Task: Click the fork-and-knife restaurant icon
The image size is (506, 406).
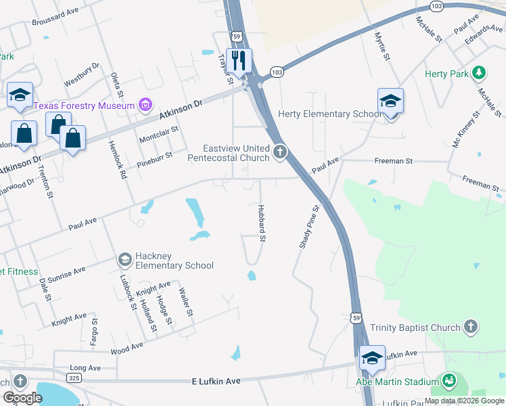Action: coord(238,60)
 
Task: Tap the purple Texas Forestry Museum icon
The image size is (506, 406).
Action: coord(145,105)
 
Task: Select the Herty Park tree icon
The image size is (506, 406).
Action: coord(479,72)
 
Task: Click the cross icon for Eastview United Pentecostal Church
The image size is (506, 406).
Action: coord(280,153)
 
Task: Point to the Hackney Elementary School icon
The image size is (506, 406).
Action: coord(124,259)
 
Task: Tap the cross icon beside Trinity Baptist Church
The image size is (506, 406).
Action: coord(471,328)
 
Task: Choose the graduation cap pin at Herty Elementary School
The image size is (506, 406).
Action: coord(390,101)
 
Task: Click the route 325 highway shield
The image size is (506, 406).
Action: coord(76,377)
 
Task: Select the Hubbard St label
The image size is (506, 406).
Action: coord(261,221)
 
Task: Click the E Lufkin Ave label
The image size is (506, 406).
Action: coord(216,382)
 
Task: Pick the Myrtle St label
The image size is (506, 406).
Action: coord(382,44)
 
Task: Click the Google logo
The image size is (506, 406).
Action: coord(22,397)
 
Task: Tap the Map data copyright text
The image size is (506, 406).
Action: coord(465,401)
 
